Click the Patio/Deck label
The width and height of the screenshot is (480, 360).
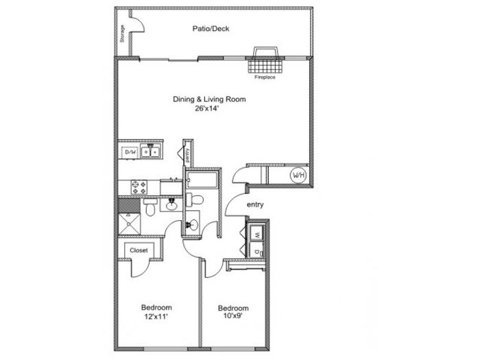[x=211, y=29]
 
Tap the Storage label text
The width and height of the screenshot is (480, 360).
[x=123, y=34]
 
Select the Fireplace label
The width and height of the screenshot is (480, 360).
[x=265, y=77]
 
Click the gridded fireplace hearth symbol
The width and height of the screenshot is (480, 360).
[x=265, y=66]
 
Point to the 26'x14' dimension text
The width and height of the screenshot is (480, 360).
[x=207, y=108]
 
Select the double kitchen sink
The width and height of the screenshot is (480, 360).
[x=151, y=151]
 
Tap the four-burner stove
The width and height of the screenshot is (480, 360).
[x=139, y=187]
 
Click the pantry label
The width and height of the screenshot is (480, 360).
[x=187, y=156]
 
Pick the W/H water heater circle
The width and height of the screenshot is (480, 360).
[x=298, y=176]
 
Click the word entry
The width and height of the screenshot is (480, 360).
[x=255, y=205]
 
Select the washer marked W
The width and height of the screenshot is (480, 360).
[x=257, y=234]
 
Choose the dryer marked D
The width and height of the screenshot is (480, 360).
[x=257, y=251]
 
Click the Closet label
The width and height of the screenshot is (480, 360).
[x=139, y=250]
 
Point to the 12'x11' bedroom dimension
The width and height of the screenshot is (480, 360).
[x=156, y=317]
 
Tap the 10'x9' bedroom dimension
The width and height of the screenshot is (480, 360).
[x=233, y=316]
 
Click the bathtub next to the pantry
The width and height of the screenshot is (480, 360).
[x=202, y=180]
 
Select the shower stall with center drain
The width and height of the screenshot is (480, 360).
[x=129, y=224]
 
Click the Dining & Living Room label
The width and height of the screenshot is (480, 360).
[x=209, y=99]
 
